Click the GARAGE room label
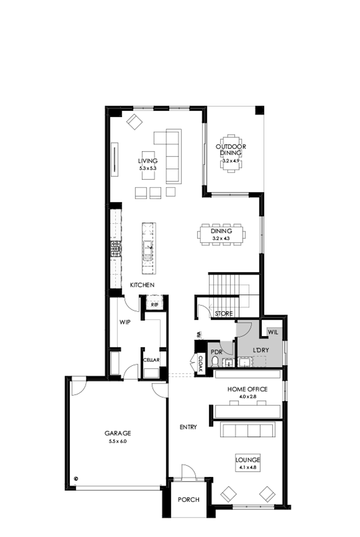coord(117,433)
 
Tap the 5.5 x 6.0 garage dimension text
coord(117,441)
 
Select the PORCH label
coord(188,499)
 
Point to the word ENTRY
coord(188,427)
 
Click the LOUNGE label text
coord(247,459)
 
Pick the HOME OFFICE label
coord(247,390)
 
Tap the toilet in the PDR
coord(216,361)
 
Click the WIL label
coord(273,332)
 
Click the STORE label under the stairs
coord(224,313)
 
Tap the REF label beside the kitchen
coord(154,304)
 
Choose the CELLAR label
coord(151,360)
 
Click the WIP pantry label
coord(124,323)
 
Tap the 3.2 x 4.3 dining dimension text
coord(222,238)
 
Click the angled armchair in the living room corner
coord(135,122)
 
